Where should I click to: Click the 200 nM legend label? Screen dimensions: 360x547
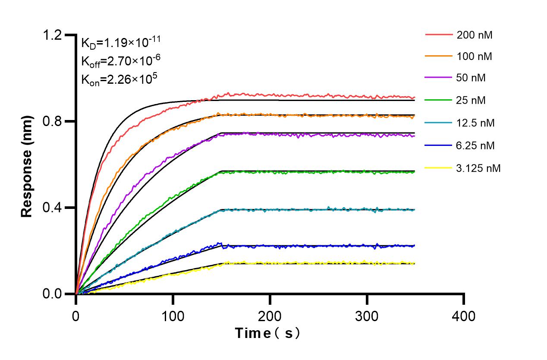pyautogui.click(x=475, y=35)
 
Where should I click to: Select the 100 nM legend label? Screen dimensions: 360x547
pyautogui.click(x=475, y=56)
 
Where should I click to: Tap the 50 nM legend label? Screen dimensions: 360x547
pyautogui.click(x=472, y=79)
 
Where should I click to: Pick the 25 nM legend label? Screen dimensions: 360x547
pyautogui.click(x=472, y=101)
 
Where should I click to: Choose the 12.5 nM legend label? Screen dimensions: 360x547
pyautogui.click(x=475, y=123)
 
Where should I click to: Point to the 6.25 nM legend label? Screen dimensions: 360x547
pyautogui.click(x=475, y=145)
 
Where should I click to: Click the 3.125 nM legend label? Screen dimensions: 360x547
pyautogui.click(x=478, y=168)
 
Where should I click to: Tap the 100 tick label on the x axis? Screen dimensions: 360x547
pyautogui.click(x=173, y=316)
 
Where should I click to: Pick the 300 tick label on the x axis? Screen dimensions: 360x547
pyautogui.click(x=367, y=316)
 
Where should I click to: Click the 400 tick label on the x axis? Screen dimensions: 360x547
pyautogui.click(x=464, y=316)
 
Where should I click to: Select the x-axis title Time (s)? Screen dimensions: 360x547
pyautogui.click(x=267, y=333)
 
